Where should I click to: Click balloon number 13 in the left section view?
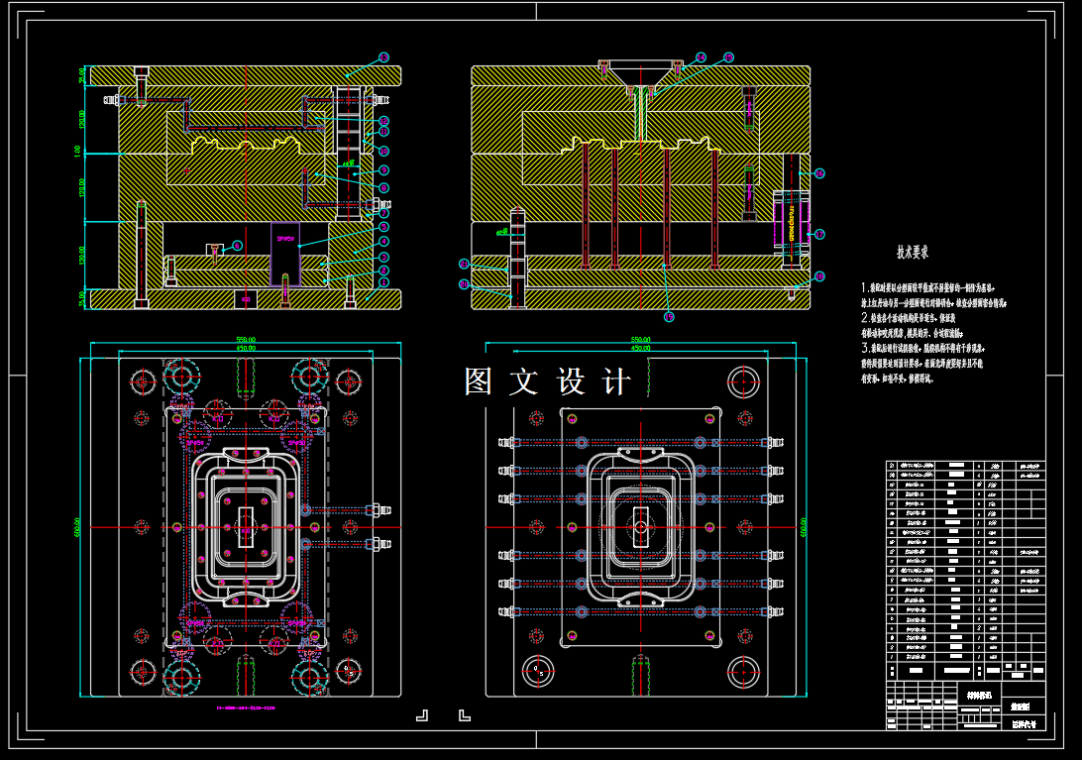(384, 57)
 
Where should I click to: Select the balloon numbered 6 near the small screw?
(237, 245)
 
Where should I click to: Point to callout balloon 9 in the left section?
(383, 170)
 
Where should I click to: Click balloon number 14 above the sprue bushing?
(701, 57)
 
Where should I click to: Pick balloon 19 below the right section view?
(669, 317)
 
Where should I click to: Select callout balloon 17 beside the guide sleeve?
(819, 235)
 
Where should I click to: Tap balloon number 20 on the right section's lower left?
(463, 284)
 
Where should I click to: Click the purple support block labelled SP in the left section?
(284, 254)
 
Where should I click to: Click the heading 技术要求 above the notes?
(912, 254)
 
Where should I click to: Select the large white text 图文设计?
(547, 382)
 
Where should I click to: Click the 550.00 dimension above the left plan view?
(245, 339)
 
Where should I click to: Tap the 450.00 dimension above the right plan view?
(640, 348)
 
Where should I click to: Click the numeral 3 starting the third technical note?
(864, 349)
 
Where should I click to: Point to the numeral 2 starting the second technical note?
(864, 318)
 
